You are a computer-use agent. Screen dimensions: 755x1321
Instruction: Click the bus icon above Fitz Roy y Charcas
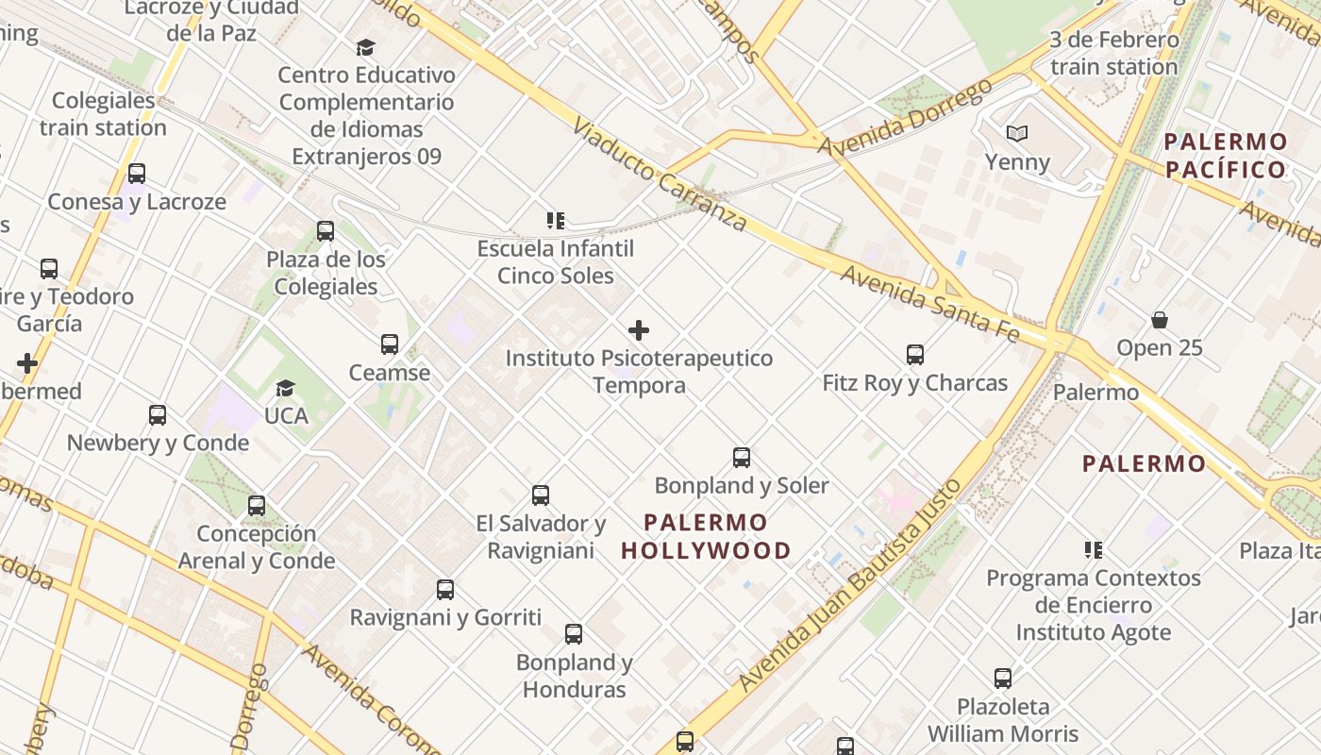pyautogui.click(x=914, y=355)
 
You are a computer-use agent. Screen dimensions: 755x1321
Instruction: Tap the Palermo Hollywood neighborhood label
pyautogui.click(x=707, y=536)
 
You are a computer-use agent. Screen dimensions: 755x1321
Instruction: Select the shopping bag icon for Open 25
pyautogui.click(x=1160, y=321)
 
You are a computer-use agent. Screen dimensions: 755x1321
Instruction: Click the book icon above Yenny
pyautogui.click(x=1016, y=134)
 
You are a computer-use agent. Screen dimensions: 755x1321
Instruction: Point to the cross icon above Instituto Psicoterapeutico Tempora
pyautogui.click(x=639, y=330)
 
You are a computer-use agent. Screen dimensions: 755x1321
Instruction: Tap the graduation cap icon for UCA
pyautogui.click(x=285, y=388)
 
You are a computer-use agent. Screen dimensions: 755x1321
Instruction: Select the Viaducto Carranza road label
pyautogui.click(x=660, y=176)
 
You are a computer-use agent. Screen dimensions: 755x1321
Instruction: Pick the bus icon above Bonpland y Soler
pyautogui.click(x=742, y=458)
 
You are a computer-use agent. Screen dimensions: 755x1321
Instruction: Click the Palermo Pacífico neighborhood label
pyautogui.click(x=1226, y=156)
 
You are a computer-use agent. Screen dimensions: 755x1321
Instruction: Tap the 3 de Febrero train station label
pyautogui.click(x=1113, y=54)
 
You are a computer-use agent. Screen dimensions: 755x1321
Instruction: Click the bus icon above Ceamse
pyautogui.click(x=390, y=344)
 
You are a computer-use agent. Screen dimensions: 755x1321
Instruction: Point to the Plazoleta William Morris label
pyautogui.click(x=1003, y=719)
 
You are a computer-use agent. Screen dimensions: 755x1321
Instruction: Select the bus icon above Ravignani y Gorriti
pyautogui.click(x=445, y=590)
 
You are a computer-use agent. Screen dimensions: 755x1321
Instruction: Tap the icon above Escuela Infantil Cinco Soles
pyautogui.click(x=556, y=221)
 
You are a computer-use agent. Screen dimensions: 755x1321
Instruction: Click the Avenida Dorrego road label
pyautogui.click(x=905, y=118)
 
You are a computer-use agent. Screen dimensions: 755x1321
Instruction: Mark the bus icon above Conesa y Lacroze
pyautogui.click(x=137, y=174)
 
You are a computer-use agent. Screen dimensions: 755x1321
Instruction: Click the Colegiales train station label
pyautogui.click(x=103, y=113)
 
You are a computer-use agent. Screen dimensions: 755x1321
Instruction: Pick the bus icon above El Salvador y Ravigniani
pyautogui.click(x=541, y=495)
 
